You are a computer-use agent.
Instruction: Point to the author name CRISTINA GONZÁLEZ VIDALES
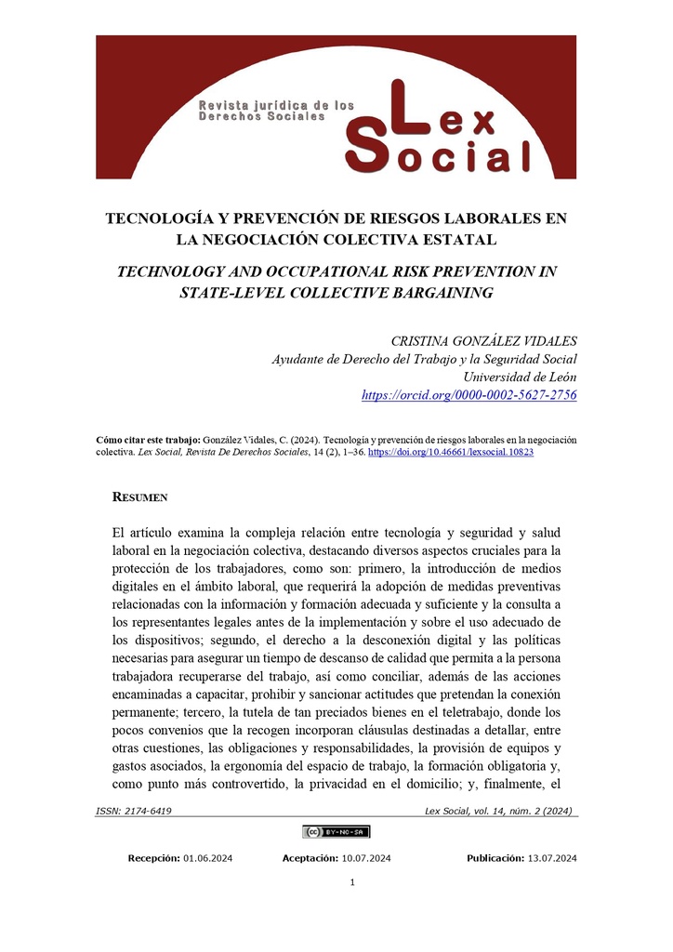tap(483, 341)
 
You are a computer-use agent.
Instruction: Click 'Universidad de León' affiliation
tap(520, 377)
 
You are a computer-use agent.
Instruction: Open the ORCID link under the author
tap(468, 395)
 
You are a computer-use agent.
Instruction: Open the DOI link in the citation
tap(451, 452)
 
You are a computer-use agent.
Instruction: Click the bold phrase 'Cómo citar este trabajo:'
tap(149, 439)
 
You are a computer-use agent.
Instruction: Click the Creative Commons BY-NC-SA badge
tap(336, 831)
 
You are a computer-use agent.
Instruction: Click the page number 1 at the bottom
tap(352, 882)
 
